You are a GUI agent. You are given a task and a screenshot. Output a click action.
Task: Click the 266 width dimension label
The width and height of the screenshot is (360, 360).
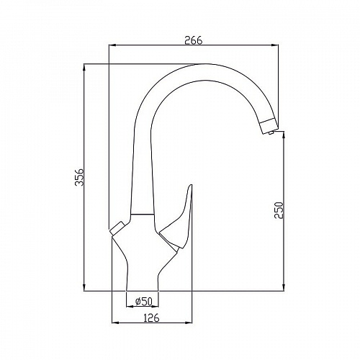[194, 40]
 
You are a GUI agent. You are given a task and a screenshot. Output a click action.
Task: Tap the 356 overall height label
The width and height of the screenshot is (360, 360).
[79, 177]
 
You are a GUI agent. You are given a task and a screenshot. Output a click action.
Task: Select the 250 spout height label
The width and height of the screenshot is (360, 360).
[279, 210]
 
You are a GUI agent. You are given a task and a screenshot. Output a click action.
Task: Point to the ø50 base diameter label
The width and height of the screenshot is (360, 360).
[144, 301]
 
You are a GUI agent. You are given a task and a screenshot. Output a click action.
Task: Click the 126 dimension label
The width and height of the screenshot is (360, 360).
[151, 318]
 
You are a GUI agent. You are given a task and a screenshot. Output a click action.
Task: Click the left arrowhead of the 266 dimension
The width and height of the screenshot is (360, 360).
[112, 45]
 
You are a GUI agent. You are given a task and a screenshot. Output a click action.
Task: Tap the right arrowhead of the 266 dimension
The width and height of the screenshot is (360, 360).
[275, 45]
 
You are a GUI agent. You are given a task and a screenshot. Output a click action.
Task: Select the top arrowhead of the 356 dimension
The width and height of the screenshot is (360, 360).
[84, 68]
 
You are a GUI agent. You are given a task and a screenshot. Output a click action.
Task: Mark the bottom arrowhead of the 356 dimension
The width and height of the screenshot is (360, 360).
[84, 287]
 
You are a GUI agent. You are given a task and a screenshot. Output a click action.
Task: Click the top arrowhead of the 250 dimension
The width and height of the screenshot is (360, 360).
[284, 135]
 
